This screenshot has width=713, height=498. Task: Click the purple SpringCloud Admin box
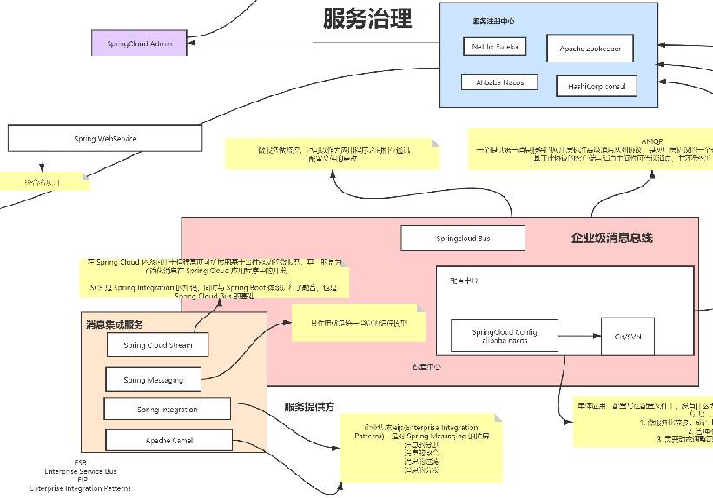[x=140, y=43]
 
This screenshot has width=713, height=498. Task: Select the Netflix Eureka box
[x=494, y=47]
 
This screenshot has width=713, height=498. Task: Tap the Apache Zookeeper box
[x=590, y=49]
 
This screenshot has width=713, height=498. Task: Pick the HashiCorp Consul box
[x=597, y=86]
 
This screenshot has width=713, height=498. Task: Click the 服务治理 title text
[x=367, y=19]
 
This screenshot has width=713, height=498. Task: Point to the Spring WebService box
[x=105, y=139]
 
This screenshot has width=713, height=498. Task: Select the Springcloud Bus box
[x=463, y=238]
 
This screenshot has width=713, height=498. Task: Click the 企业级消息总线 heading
[x=611, y=238]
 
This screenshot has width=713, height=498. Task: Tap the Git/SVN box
[x=627, y=336]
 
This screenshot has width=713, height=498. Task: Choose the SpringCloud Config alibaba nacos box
[x=504, y=337]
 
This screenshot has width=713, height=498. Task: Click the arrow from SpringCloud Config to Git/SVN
[x=578, y=336]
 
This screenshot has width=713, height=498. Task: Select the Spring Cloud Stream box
[x=158, y=345]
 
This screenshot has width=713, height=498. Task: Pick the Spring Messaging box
[x=153, y=380]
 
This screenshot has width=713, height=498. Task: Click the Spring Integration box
[x=167, y=410]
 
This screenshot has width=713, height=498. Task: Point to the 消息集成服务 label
[x=114, y=324]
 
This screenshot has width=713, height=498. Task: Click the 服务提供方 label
[x=308, y=406]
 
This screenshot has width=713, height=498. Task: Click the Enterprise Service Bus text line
[x=81, y=471]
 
